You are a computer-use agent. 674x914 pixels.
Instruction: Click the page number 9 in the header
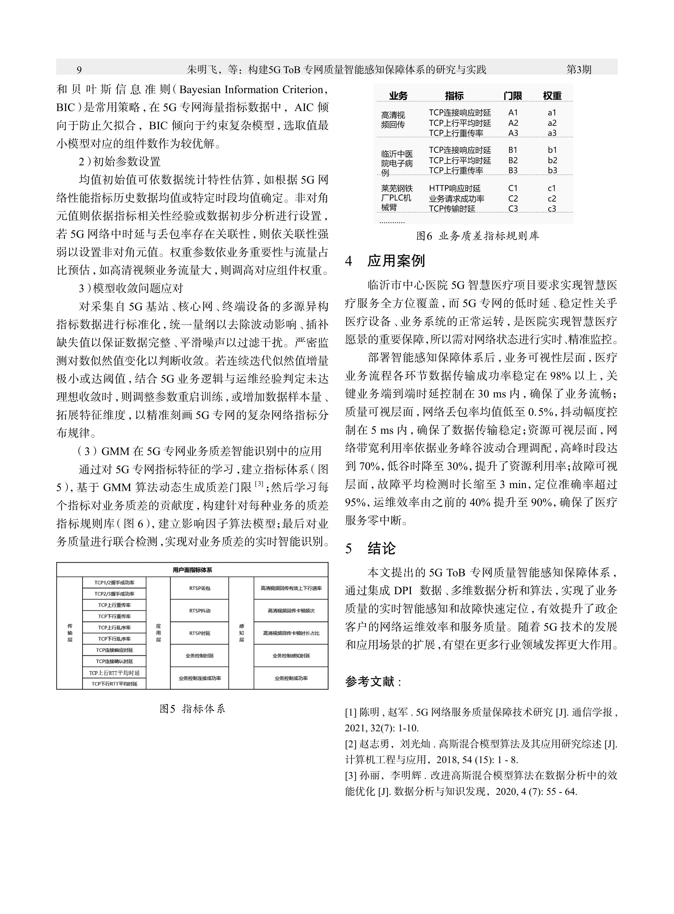(x=79, y=70)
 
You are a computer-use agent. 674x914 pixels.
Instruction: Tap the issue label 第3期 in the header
(x=579, y=70)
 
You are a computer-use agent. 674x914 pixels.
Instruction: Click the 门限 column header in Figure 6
(x=513, y=96)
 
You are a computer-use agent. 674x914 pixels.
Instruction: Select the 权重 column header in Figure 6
(x=552, y=96)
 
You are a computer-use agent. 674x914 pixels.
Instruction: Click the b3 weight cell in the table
(x=552, y=170)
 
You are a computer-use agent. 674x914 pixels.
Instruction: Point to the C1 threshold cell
(x=513, y=188)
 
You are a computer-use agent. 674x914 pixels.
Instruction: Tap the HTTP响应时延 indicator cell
(x=454, y=188)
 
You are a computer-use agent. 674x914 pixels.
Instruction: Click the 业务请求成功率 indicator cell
(x=457, y=198)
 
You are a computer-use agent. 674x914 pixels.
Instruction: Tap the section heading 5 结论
(x=371, y=549)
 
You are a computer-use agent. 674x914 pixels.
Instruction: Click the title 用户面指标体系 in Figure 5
(x=192, y=570)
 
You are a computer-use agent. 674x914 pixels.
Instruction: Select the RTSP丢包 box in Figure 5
(x=199, y=588)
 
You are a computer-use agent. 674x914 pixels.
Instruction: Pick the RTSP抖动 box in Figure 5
(x=199, y=611)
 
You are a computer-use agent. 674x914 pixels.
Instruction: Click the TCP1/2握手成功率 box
(x=114, y=583)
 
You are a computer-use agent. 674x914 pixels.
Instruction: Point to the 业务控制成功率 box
(x=291, y=678)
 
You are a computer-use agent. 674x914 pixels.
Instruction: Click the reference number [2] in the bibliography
(x=351, y=744)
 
